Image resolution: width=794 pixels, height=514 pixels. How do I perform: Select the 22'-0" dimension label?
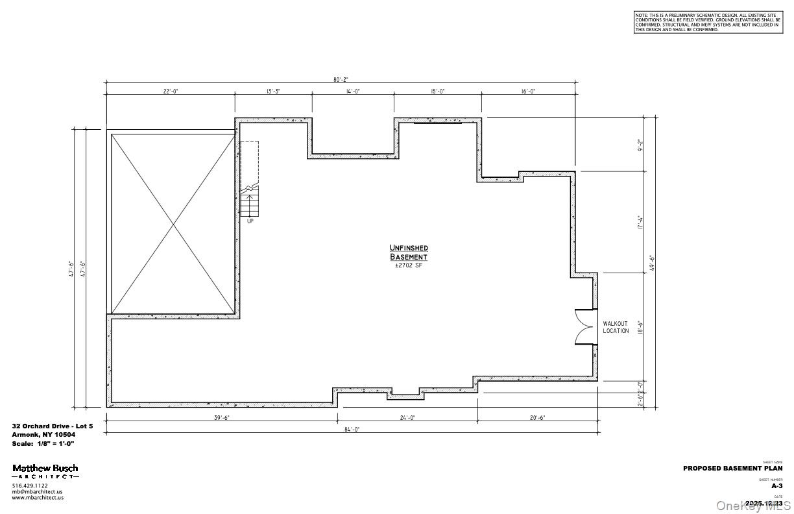[170, 92]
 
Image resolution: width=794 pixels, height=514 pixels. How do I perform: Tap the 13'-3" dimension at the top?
[273, 92]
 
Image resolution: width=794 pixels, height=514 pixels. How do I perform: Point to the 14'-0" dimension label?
[352, 92]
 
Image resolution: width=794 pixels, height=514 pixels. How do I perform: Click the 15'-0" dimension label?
[437, 92]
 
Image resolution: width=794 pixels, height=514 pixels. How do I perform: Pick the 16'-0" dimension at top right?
[528, 92]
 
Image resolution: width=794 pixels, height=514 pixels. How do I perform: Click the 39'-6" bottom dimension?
[221, 418]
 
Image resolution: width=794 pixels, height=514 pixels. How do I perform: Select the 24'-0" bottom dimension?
[407, 418]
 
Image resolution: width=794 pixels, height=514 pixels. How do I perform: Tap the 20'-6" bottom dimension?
[536, 418]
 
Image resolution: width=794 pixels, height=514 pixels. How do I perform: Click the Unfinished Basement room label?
[409, 252]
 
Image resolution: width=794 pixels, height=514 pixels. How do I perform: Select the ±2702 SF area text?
[409, 265]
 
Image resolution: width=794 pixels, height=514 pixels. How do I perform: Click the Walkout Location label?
[616, 327]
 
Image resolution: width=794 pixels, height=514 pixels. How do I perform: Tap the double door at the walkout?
[586, 326]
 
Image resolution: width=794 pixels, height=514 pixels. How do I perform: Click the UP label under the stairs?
[250, 221]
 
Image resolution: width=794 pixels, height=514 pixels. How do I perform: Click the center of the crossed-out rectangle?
[173, 224]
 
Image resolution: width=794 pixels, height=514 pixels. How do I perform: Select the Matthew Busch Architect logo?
[45, 471]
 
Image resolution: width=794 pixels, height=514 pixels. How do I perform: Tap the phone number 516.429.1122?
[30, 485]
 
